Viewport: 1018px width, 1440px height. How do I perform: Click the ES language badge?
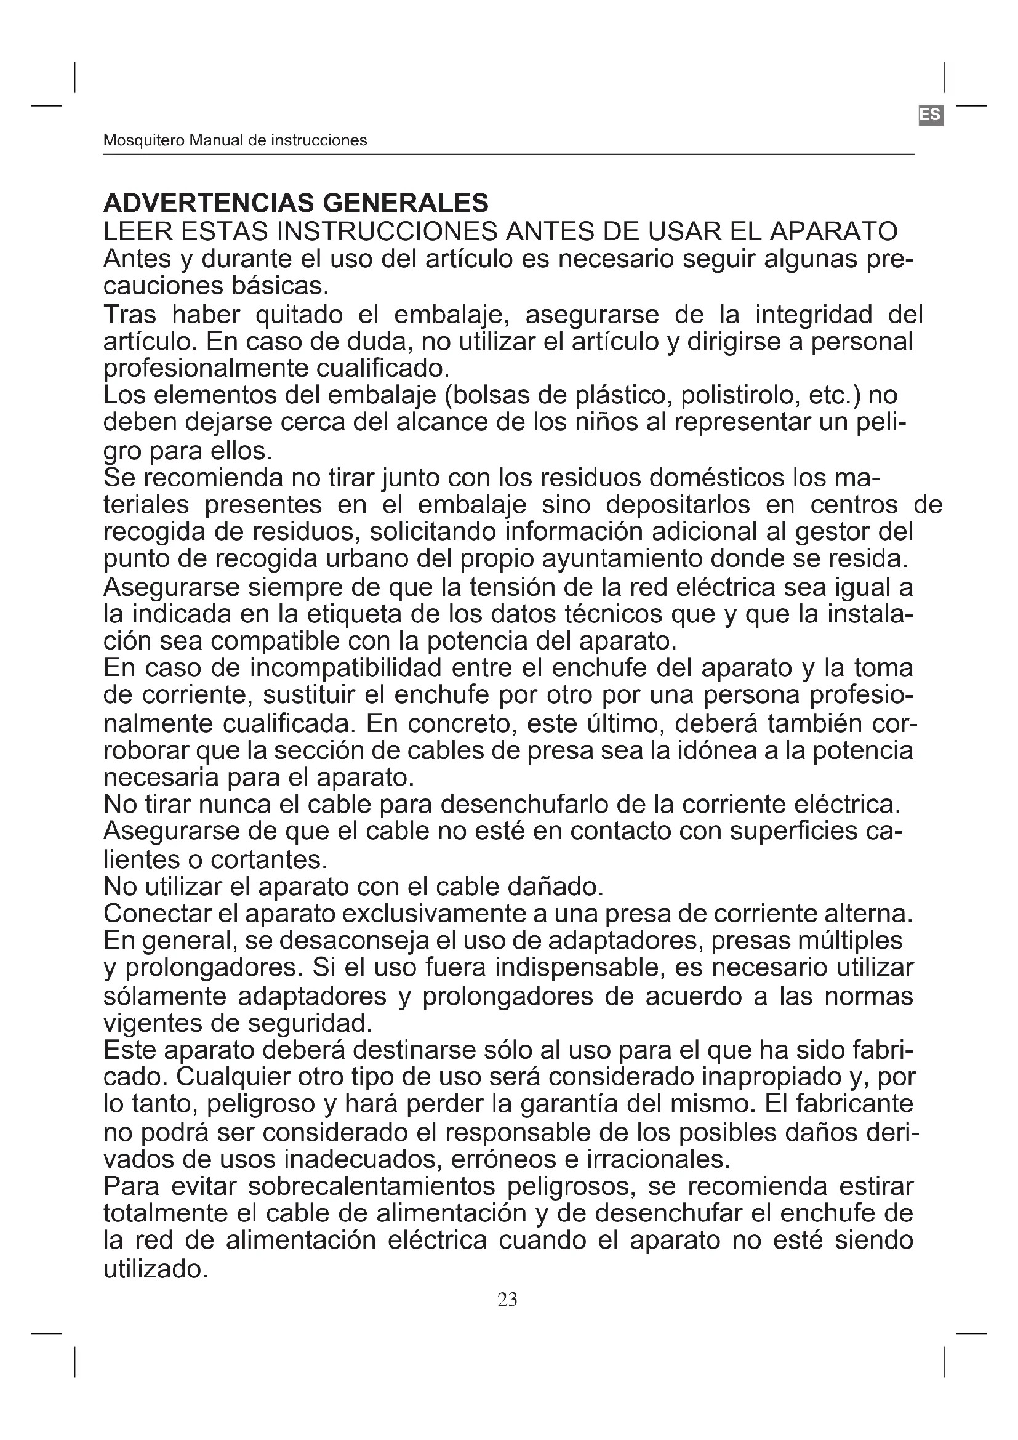pos(930,115)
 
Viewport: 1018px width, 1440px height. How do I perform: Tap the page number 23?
pos(507,1300)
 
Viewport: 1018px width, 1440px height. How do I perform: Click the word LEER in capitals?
pos(137,231)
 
